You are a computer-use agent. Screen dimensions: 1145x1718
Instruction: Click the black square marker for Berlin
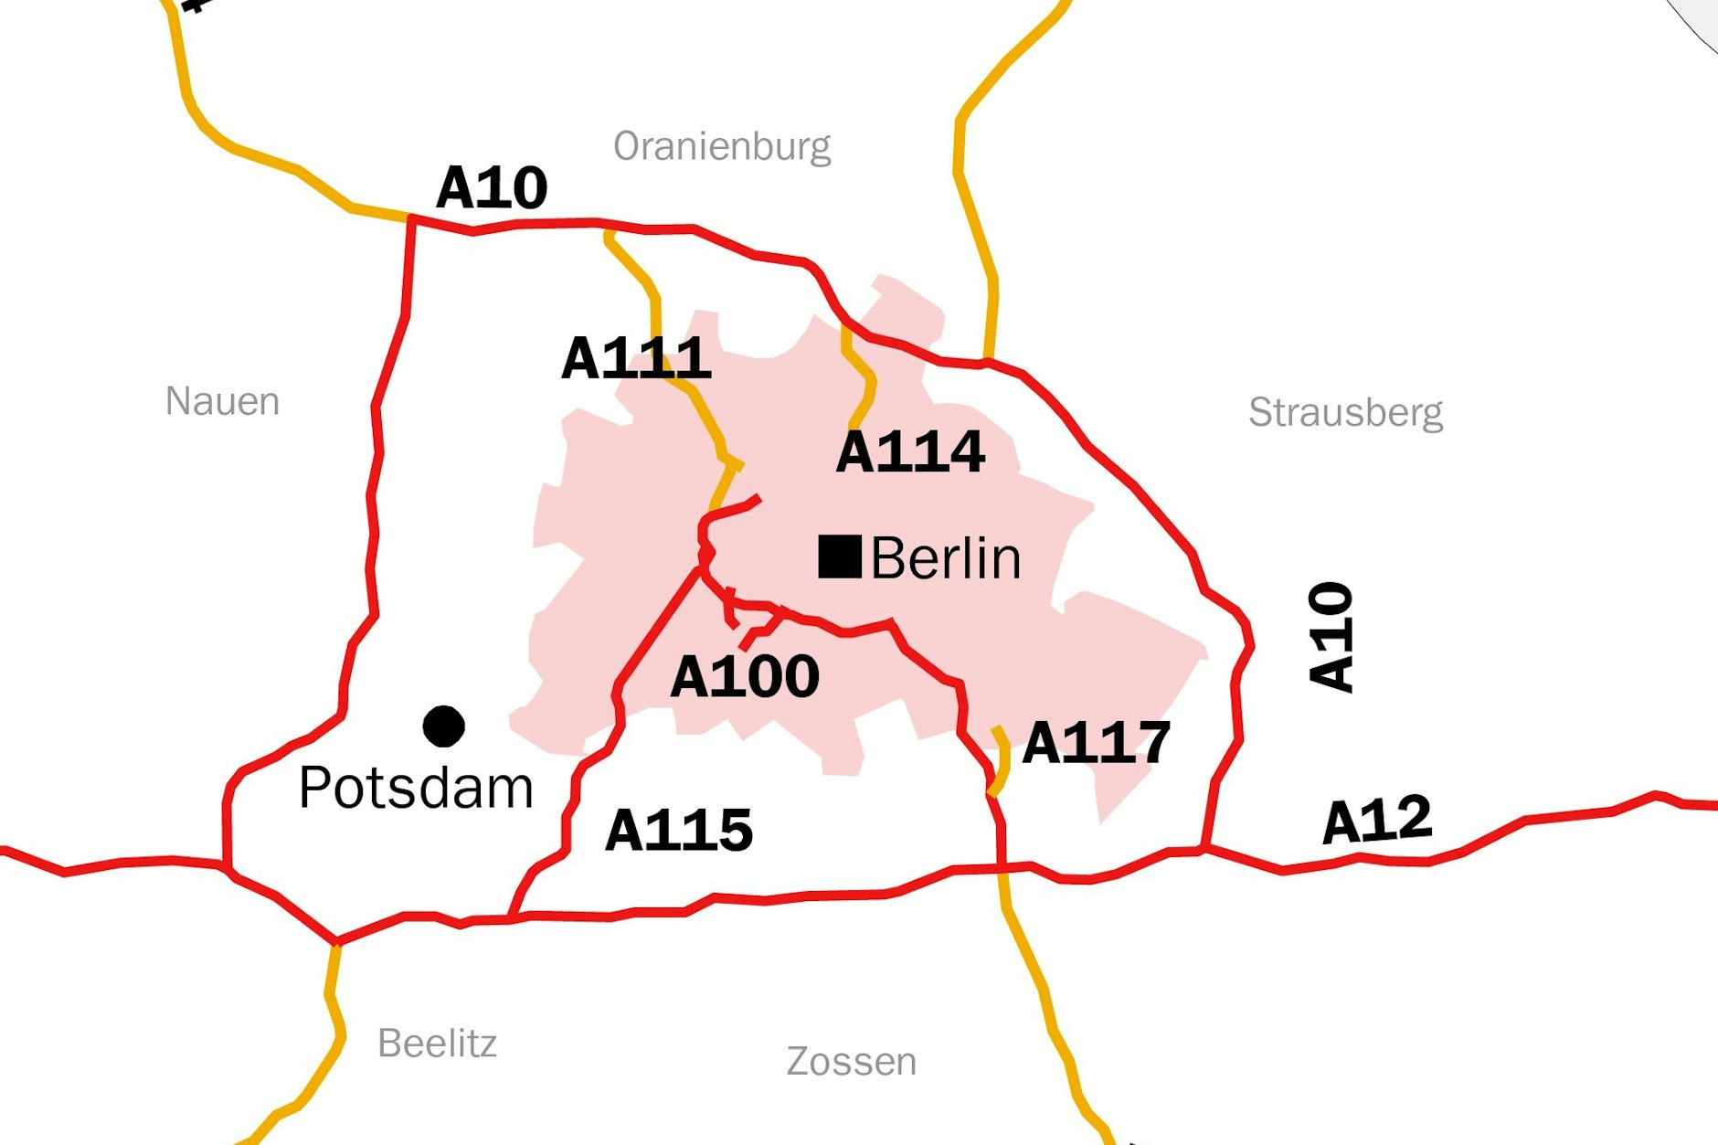839,557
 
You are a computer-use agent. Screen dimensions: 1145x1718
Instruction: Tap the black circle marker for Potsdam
444,726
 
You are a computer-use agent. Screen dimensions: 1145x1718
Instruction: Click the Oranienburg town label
722,146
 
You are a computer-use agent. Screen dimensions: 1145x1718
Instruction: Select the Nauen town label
222,401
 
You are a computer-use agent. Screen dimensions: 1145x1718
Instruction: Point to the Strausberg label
1345,413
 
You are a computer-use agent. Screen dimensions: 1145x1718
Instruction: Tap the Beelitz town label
437,1044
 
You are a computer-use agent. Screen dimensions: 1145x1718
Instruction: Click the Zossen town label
851,1062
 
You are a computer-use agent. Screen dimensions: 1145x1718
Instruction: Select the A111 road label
636,358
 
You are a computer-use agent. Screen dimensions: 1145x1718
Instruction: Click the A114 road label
910,451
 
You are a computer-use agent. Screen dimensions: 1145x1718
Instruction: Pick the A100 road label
744,677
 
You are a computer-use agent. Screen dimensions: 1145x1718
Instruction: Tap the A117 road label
1096,743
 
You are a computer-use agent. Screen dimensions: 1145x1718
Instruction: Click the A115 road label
679,831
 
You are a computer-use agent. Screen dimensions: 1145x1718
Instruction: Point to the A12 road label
1377,820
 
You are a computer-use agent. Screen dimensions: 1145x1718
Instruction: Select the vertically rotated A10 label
1331,637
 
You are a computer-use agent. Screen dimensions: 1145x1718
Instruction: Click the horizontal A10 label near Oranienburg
492,188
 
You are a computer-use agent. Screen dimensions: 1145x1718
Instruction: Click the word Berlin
945,558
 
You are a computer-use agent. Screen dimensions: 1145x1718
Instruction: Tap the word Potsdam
416,788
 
